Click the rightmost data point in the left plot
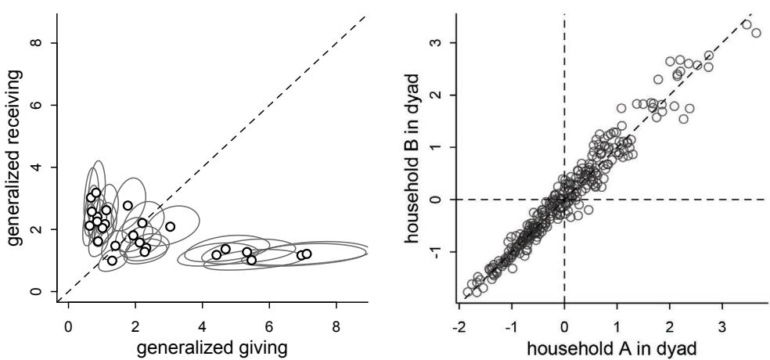click(307, 254)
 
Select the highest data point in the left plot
click(96, 193)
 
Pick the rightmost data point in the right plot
click(756, 32)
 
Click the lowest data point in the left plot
click(112, 261)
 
